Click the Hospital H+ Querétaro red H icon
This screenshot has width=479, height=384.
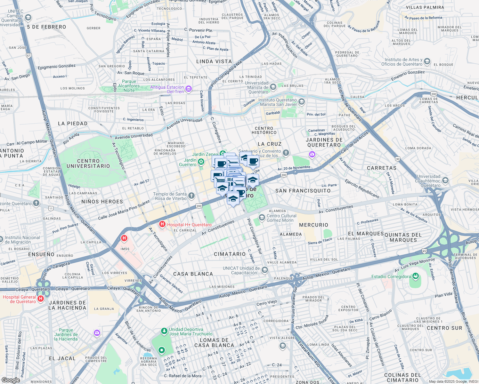pyautogui.click(x=162, y=225)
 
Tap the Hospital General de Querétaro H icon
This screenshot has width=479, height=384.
pyautogui.click(x=41, y=299)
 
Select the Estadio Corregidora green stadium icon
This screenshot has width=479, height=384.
pyautogui.click(x=416, y=276)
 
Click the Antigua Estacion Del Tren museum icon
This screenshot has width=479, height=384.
pyautogui.click(x=189, y=89)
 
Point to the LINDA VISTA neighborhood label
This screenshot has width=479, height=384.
pyautogui.click(x=214, y=61)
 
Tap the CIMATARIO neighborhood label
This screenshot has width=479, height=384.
pyautogui.click(x=230, y=254)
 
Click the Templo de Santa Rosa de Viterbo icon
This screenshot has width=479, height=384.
pyautogui.click(x=191, y=196)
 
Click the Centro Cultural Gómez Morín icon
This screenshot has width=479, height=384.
pyautogui.click(x=262, y=218)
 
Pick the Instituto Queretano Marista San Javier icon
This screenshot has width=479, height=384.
pyautogui.click(x=302, y=102)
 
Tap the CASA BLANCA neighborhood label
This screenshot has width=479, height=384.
pyautogui.click(x=193, y=274)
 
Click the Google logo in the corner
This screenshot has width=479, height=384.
pyautogui.click(x=11, y=380)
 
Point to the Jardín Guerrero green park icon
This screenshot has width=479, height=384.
pyautogui.click(x=201, y=162)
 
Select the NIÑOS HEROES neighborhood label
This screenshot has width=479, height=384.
pyautogui.click(x=102, y=202)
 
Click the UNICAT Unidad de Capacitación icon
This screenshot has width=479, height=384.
pyautogui.click(x=265, y=270)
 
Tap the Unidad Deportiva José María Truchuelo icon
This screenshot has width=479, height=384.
pyautogui.click(x=164, y=331)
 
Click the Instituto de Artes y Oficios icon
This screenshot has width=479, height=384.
pyautogui.click(x=427, y=62)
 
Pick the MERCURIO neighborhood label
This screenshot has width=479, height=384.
pyautogui.click(x=313, y=225)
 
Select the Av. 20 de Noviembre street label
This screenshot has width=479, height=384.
pyautogui.click(x=294, y=168)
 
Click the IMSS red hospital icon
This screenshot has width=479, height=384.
pyautogui.click(x=124, y=238)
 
